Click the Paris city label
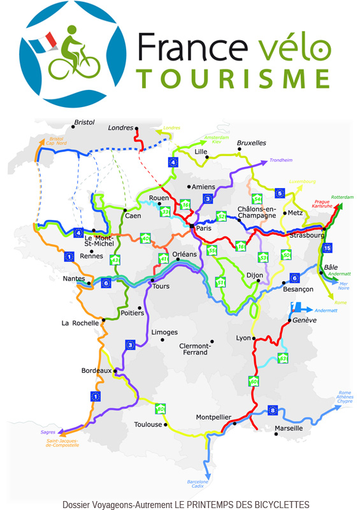tap(204, 228)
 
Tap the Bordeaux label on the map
tap(96, 370)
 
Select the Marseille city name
tap(288, 428)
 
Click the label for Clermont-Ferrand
tap(194, 349)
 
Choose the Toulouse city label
tap(148, 425)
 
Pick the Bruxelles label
tap(251, 143)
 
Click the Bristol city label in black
tap(84, 122)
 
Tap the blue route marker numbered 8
tap(273, 410)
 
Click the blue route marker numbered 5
tap(279, 193)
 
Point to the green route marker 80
tap(161, 409)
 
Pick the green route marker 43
tap(115, 260)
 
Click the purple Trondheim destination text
tap(281, 160)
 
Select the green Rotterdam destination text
tap(342, 198)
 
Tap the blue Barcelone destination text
tap(198, 481)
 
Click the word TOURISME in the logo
tap(234, 78)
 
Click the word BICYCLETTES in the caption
tap(278, 504)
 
